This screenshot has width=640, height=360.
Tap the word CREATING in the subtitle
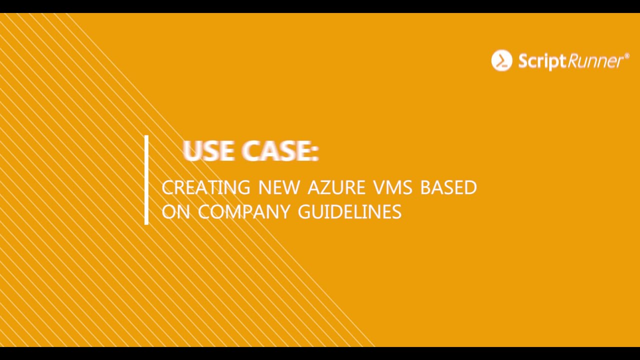tap(205, 187)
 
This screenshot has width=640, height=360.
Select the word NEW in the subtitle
tap(279, 187)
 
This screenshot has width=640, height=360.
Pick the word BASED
tap(448, 187)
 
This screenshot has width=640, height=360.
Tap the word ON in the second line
tap(176, 212)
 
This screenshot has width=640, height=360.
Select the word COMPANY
tap(243, 212)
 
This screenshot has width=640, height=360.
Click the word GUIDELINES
tap(349, 212)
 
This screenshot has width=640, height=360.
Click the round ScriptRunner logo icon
tap(501, 60)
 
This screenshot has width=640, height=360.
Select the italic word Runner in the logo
tap(594, 61)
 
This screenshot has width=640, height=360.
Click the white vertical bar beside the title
tap(146, 180)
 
